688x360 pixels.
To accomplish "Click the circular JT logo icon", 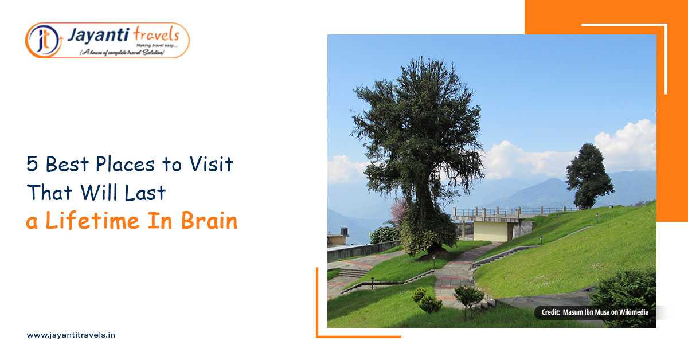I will pyautogui.click(x=42, y=40).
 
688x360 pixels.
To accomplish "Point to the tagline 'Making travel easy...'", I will pyautogui.click(x=154, y=45).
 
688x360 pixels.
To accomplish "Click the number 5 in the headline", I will pyautogui.click(x=33, y=165).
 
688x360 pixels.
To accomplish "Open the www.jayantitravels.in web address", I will pyautogui.click(x=71, y=335).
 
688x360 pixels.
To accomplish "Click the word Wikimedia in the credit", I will pyautogui.click(x=632, y=312).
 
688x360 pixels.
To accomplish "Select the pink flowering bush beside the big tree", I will pyautogui.click(x=397, y=213).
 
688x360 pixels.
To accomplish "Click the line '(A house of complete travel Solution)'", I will pyautogui.click(x=122, y=52).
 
